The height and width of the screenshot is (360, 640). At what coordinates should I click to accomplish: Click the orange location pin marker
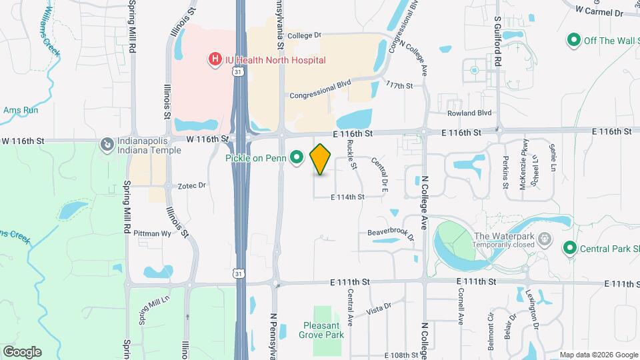click(x=321, y=159)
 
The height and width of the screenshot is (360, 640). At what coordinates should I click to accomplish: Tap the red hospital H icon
click(x=215, y=60)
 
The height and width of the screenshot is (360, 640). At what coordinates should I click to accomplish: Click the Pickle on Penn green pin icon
click(x=298, y=158)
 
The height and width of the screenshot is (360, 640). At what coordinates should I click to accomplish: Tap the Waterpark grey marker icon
click(x=545, y=238)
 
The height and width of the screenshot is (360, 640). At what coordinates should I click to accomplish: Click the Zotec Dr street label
click(x=193, y=185)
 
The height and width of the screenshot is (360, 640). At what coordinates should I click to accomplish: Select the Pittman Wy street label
click(x=152, y=234)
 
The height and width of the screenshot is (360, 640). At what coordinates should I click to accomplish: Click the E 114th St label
click(x=347, y=197)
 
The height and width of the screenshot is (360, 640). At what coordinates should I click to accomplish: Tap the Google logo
click(x=22, y=352)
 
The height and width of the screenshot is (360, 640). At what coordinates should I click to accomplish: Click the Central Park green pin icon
click(x=570, y=249)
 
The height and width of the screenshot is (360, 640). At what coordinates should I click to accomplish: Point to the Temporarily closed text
click(x=505, y=245)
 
